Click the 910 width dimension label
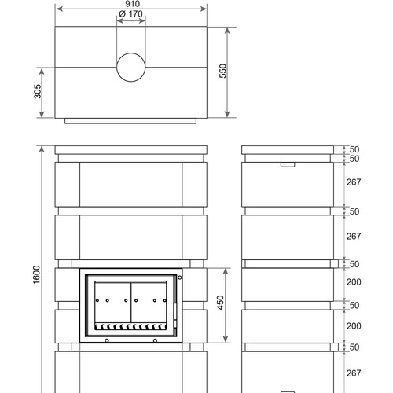132,4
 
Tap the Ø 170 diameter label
130,14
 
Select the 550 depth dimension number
222,71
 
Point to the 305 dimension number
38,91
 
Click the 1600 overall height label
37,274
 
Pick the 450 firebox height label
221,303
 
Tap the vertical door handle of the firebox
175,311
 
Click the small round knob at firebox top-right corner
180,277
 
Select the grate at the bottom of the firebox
130,326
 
